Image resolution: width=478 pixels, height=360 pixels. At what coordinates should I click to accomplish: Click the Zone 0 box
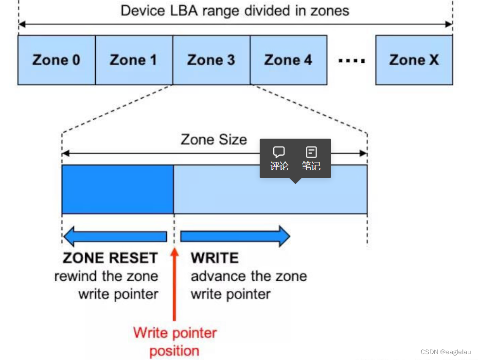[x=56, y=60]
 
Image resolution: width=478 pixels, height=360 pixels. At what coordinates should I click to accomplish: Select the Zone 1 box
[x=133, y=60]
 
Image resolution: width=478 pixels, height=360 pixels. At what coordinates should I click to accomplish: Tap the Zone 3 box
[x=211, y=60]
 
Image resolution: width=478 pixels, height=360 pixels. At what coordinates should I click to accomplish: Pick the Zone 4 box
[x=288, y=60]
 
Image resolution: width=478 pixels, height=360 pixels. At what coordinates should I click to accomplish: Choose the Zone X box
[x=414, y=60]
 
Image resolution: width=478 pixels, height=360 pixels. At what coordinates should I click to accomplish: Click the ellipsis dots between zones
[x=352, y=61]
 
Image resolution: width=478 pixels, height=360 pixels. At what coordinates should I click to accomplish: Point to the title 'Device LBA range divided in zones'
[x=235, y=11]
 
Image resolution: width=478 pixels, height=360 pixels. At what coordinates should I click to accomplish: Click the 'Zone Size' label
[x=214, y=140]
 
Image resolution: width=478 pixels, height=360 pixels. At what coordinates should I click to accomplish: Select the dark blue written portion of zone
[x=118, y=189]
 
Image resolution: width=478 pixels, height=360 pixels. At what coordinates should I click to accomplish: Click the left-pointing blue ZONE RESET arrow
[x=115, y=236]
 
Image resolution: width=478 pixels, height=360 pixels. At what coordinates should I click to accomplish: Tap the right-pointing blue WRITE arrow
[x=235, y=236]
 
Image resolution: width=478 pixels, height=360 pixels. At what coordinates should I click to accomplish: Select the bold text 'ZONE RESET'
[x=110, y=258]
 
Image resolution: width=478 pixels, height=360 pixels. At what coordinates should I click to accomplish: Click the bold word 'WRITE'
[x=214, y=258]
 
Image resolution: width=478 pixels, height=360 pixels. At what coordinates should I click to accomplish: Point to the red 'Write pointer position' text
[x=175, y=342]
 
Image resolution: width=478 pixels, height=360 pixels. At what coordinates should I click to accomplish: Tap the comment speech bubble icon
[x=279, y=152]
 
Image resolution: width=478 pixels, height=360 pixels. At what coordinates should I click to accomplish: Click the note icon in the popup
[x=311, y=152]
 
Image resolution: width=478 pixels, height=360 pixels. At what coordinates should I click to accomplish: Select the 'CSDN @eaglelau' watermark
[x=445, y=352]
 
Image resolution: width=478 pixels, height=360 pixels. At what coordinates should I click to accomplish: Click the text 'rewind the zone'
[x=106, y=276]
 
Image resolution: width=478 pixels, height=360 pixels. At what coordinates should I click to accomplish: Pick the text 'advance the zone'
[x=248, y=276]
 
